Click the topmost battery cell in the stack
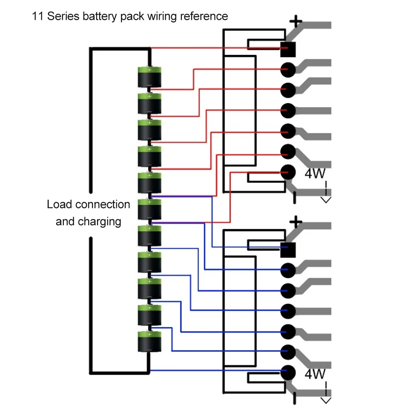click(x=150, y=77)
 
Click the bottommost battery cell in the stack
click(x=150, y=341)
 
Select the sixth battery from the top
click(x=150, y=209)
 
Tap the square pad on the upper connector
click(x=288, y=49)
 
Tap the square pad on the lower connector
click(x=288, y=249)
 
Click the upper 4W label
click(x=315, y=173)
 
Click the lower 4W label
click(x=315, y=374)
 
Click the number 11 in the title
click(x=37, y=17)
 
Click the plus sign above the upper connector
click(x=297, y=21)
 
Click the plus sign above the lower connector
click(x=297, y=221)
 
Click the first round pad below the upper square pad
click(x=288, y=69)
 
